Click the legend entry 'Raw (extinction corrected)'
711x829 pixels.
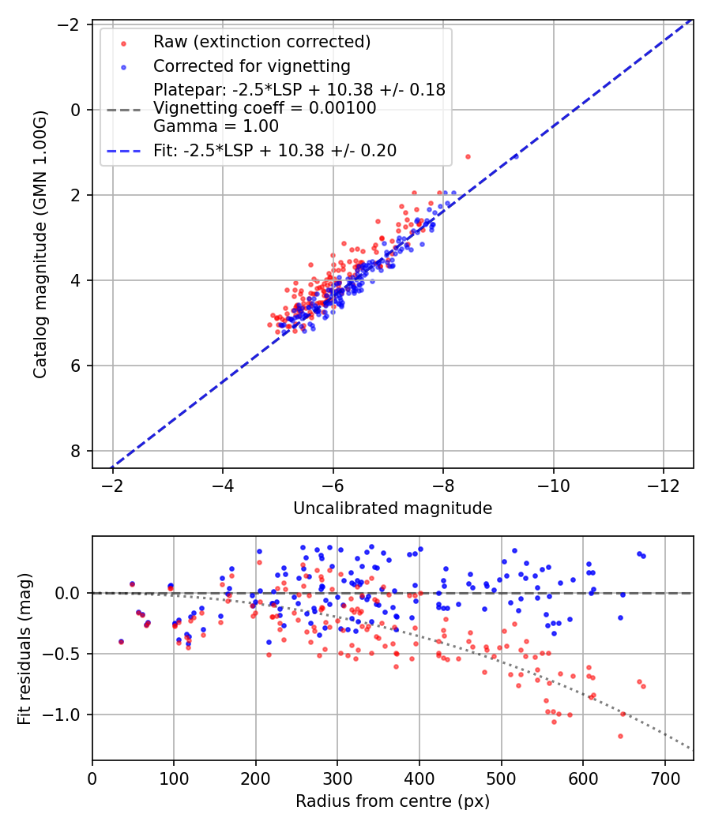coord(261,42)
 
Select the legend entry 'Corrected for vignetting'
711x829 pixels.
coord(251,66)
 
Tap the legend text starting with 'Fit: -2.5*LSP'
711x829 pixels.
coord(275,150)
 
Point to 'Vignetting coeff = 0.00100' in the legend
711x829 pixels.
coord(265,108)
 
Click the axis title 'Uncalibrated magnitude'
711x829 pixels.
coord(393,508)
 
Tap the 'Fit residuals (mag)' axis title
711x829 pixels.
coord(24,648)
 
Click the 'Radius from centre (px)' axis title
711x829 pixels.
coord(393,801)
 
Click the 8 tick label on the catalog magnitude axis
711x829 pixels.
coord(77,451)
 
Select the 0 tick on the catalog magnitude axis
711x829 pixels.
coord(77,110)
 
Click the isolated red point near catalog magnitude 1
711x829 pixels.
coord(468,156)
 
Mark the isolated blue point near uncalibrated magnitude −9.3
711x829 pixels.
coord(516,156)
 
